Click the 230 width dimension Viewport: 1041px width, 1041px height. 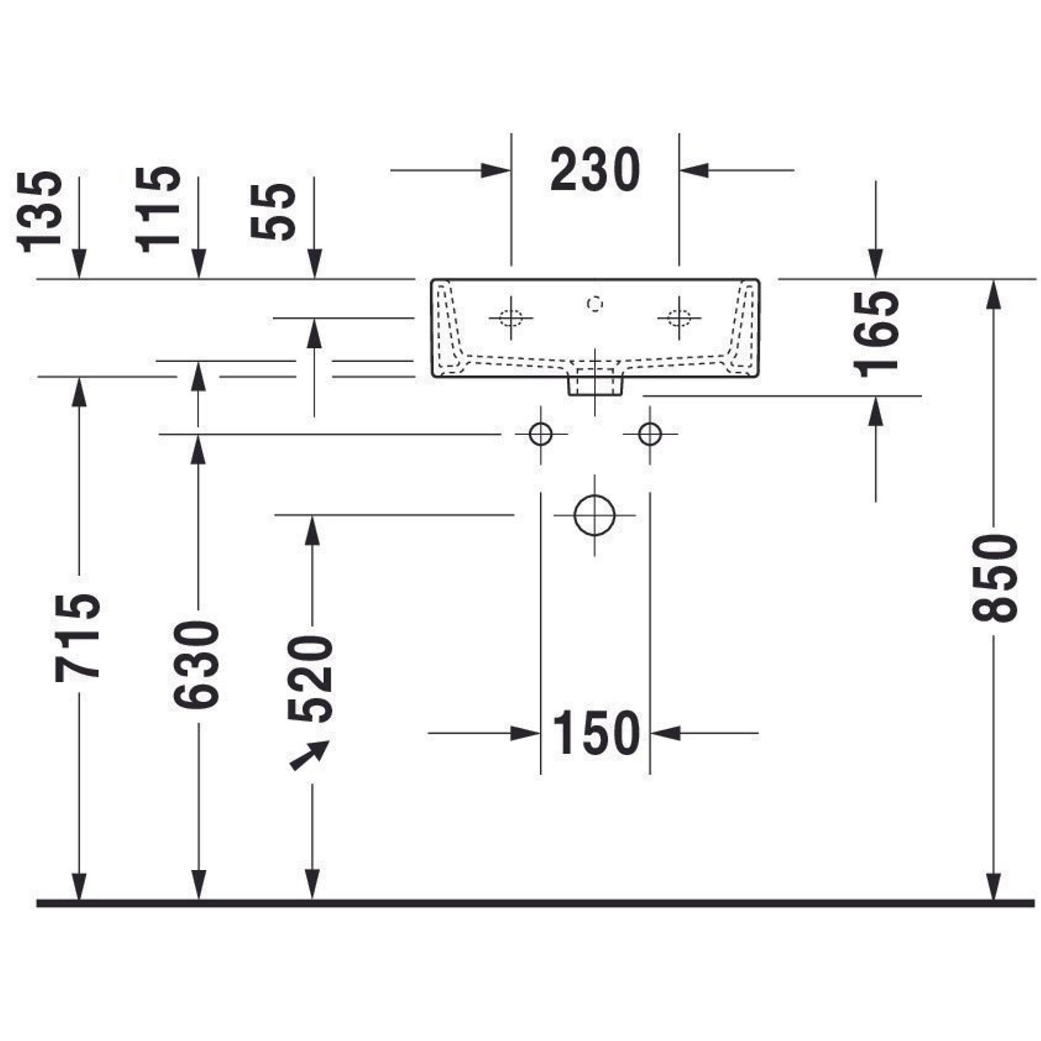(595, 170)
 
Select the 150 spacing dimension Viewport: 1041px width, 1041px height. (596, 733)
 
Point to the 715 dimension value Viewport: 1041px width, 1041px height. (78, 638)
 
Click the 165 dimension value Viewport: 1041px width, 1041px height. (876, 334)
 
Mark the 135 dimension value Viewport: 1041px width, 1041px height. (40, 212)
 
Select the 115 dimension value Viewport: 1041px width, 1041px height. (158, 210)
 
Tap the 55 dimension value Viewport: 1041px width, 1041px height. (274, 212)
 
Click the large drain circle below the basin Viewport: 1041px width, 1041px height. (594, 515)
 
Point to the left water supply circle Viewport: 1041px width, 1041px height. (540, 434)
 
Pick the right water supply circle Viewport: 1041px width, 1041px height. (650, 434)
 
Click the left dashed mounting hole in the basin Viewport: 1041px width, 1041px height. (511, 318)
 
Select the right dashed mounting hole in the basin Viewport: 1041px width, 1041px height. (679, 318)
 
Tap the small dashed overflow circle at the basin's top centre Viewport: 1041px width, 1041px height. (594, 304)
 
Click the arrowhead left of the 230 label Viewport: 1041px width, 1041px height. (494, 170)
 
